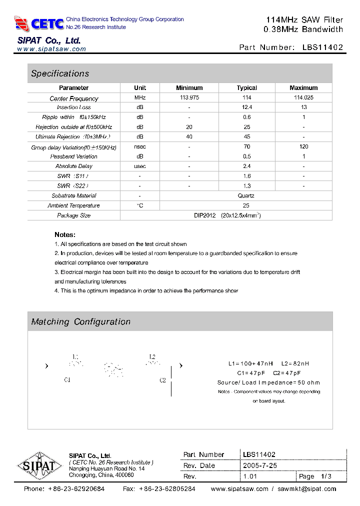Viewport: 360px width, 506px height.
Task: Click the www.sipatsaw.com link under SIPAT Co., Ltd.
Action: [x=51, y=49]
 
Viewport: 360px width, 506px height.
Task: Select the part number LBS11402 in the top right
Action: [x=322, y=47]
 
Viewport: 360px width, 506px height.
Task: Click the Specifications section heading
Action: [x=60, y=73]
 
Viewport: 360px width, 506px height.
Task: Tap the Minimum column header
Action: [x=189, y=87]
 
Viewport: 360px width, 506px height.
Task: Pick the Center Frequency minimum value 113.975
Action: [x=189, y=98]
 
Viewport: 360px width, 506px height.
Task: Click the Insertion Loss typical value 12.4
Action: [x=246, y=107]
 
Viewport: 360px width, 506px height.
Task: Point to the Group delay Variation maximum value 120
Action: [x=303, y=146]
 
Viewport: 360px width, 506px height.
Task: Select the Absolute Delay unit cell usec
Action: [x=140, y=166]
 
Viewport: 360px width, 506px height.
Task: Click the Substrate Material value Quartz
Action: [x=246, y=195]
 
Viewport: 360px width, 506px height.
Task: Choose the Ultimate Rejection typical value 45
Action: [x=246, y=137]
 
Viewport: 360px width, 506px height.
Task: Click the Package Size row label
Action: [x=74, y=215]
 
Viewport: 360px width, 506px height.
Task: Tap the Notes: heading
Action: [x=65, y=234]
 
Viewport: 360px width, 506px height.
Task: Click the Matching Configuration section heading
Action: [x=80, y=322]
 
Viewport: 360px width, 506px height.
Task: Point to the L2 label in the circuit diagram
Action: [x=152, y=357]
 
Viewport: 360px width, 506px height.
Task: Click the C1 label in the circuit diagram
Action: [x=67, y=380]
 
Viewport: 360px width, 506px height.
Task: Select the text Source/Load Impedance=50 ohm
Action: [x=268, y=382]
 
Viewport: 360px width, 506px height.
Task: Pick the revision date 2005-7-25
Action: [x=260, y=465]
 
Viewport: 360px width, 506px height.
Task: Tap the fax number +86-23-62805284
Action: [x=166, y=489]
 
